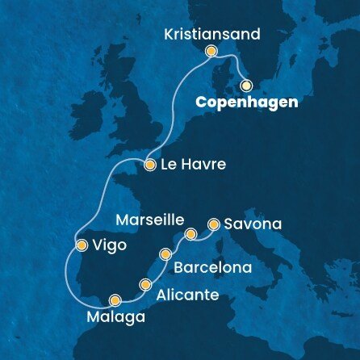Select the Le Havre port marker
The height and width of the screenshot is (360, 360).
tap(149, 165)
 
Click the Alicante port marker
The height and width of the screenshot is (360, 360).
tap(145, 284)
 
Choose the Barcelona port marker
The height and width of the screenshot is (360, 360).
tap(165, 254)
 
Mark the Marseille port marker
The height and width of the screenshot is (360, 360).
tap(190, 235)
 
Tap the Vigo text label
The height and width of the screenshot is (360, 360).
tap(111, 246)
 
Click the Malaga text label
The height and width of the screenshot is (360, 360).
tap(108, 315)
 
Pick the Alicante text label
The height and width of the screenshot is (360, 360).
tap(187, 295)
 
